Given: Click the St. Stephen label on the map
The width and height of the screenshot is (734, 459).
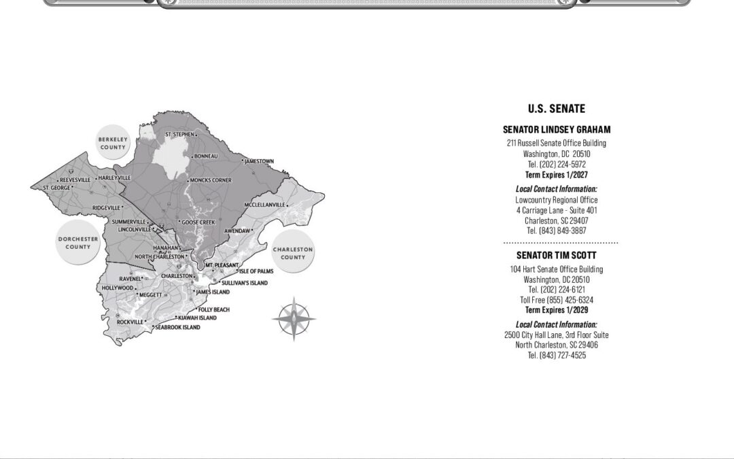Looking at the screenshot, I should pos(179,135).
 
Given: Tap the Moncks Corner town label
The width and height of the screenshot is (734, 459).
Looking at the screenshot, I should pos(211,180).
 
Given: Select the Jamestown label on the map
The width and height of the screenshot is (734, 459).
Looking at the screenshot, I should pos(259,162).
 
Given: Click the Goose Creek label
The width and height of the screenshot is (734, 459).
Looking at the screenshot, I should pos(198,222).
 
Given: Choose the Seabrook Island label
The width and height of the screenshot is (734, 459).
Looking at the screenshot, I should pos(177,327).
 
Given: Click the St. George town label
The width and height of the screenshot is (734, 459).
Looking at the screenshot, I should pos(56,188).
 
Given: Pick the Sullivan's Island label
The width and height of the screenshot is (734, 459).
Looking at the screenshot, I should pos(245,283).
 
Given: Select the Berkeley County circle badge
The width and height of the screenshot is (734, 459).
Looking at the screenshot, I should pos(113,143).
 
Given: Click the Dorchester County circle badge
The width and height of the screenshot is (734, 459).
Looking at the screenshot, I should pos(77,243).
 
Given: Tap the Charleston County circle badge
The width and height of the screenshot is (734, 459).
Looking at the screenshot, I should pos(293,253).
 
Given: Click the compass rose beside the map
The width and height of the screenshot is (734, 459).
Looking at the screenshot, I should pos(294,318).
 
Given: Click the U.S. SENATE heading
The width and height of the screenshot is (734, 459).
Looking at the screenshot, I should pos(556,109).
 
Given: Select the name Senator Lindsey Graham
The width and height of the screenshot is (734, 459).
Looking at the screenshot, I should pos(557,129).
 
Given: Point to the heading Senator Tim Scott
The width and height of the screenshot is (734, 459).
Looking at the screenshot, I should pos(557,255).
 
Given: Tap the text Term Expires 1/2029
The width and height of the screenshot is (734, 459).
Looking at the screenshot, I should pos(557,310).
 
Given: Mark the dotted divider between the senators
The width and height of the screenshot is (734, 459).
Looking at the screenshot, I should pos(560,242).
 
